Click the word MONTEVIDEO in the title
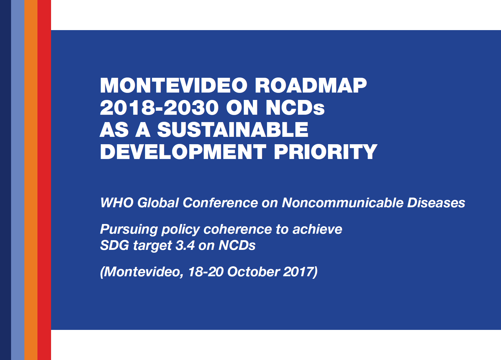(x=174, y=85)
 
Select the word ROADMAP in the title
(x=311, y=85)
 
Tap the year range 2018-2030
(x=159, y=108)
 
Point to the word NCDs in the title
(x=295, y=108)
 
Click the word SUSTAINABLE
(x=233, y=130)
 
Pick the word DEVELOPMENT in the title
(x=183, y=152)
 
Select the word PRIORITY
(x=325, y=152)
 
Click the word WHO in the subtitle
(x=117, y=203)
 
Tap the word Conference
(x=220, y=203)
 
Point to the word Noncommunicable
(x=343, y=203)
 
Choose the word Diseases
(x=436, y=203)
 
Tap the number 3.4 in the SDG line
(x=185, y=245)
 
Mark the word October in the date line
(x=253, y=272)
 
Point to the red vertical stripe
(x=44, y=180)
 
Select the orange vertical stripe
(x=31, y=180)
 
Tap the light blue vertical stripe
(x=18, y=180)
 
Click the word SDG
(x=115, y=245)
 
